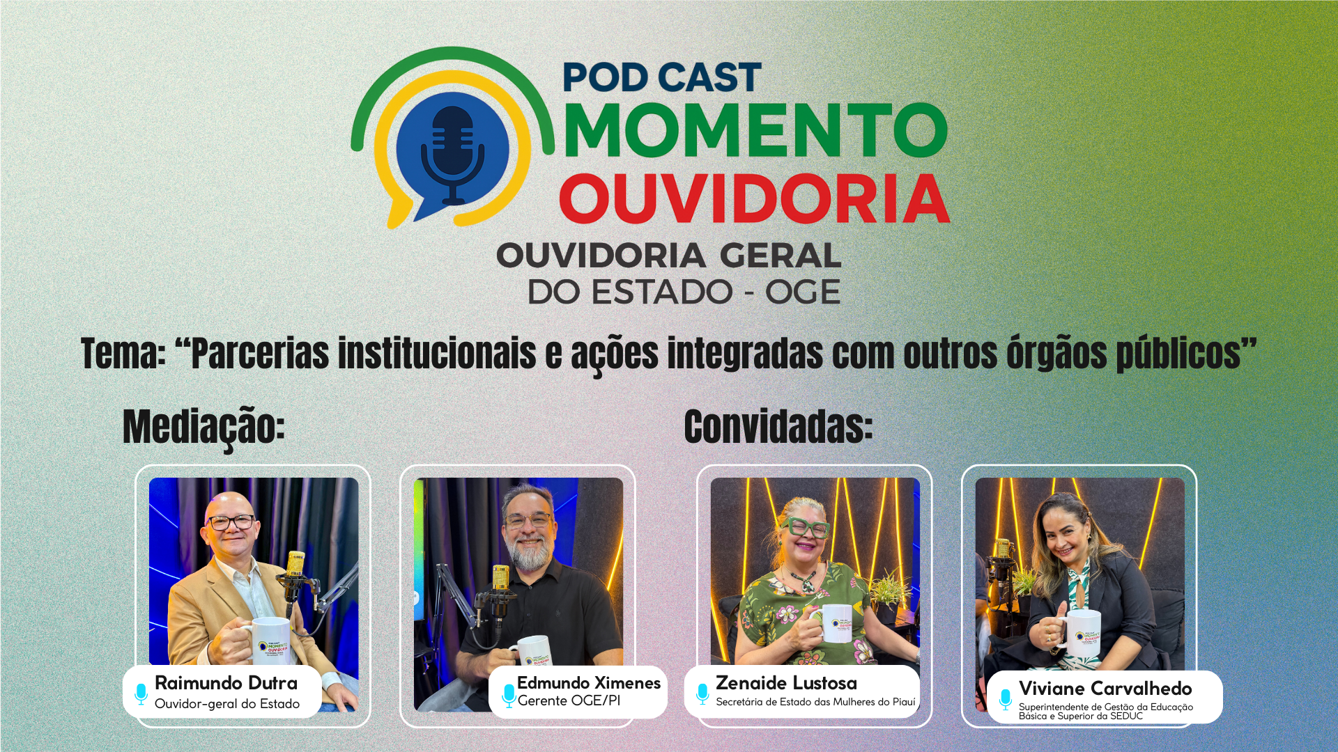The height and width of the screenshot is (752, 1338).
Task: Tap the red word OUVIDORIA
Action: click(x=755, y=199)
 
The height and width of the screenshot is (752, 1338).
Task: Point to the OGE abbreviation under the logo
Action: click(x=802, y=292)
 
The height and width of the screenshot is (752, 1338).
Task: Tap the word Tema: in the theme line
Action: click(x=123, y=353)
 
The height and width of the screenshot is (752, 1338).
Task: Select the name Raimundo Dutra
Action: click(x=226, y=683)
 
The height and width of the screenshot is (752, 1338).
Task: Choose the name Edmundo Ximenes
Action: click(x=588, y=683)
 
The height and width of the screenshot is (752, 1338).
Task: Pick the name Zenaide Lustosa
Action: click(x=786, y=683)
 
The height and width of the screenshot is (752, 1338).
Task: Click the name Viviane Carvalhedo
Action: click(x=1105, y=689)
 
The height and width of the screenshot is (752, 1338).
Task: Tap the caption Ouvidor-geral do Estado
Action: click(x=227, y=704)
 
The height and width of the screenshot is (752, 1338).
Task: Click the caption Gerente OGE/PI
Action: click(x=569, y=701)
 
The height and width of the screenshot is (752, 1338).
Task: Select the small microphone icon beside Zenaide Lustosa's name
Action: click(x=702, y=692)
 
